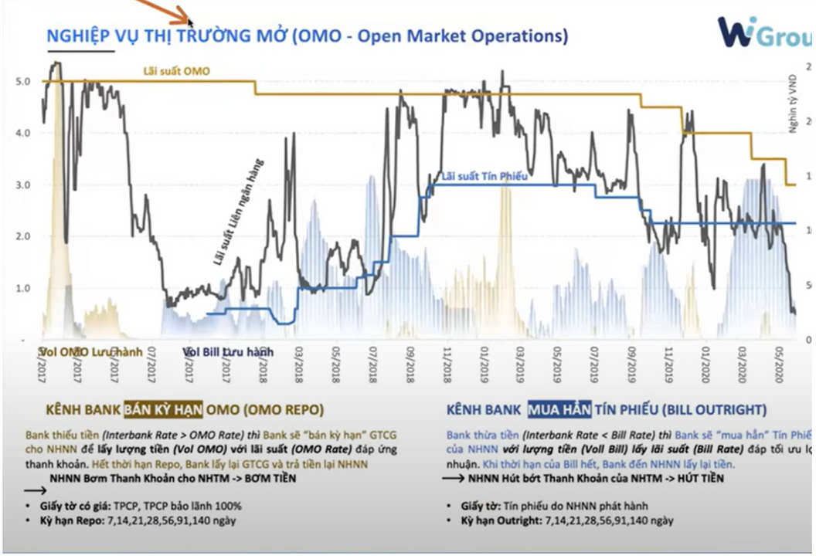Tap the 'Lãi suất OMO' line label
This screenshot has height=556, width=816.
pos(176,71)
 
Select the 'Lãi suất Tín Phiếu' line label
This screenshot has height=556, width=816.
pos(484,176)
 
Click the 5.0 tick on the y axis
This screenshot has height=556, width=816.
pos(23,81)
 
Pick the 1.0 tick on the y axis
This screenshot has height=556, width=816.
pos(23,288)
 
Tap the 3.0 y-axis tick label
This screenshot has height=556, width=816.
pos(23,185)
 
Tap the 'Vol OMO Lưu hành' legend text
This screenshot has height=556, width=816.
pos(91,353)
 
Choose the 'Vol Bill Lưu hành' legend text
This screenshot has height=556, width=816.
pos(229,353)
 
